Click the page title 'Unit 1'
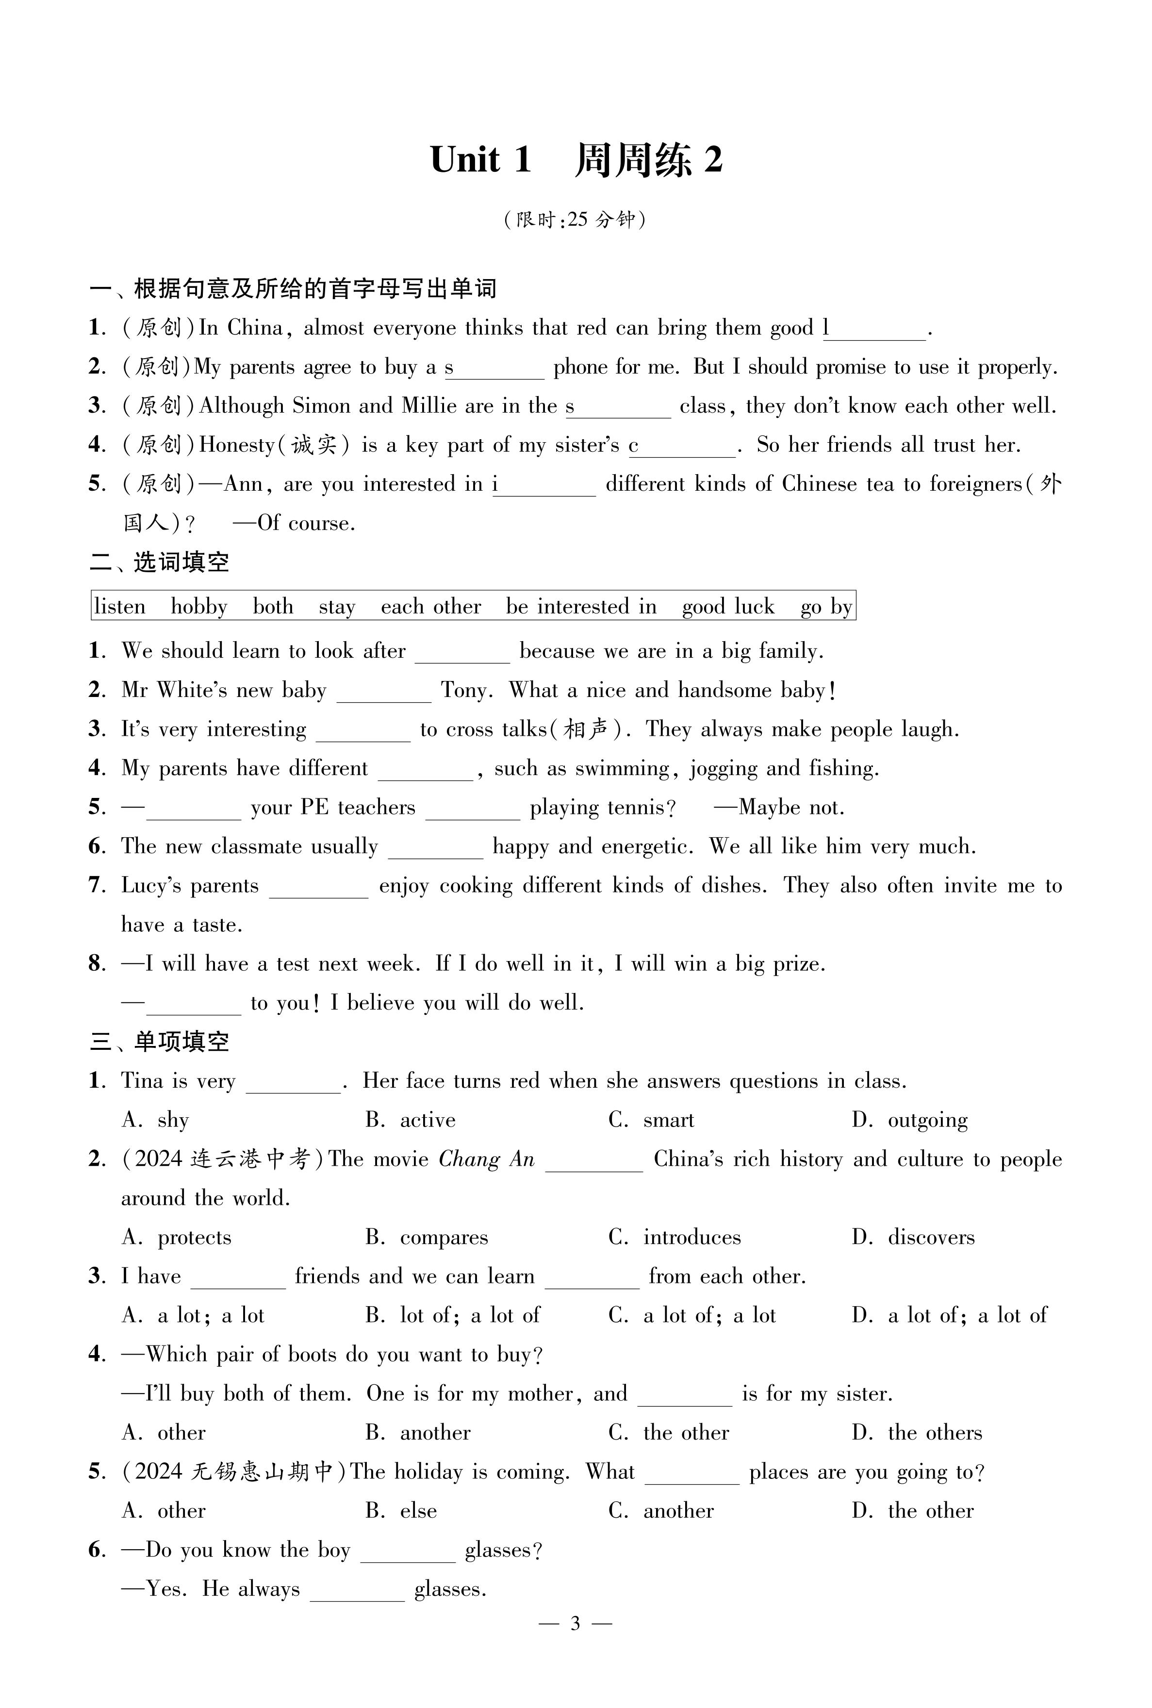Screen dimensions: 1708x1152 pos(480,159)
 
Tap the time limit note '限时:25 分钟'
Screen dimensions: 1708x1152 pos(575,220)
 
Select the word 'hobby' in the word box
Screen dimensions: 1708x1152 pos(198,607)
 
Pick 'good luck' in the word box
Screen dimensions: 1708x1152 pos(728,607)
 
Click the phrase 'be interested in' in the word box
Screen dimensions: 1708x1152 pos(581,607)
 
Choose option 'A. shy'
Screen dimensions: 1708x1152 pos(156,1120)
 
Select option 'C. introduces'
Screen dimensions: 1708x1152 pos(675,1238)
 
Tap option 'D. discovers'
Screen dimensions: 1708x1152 pos(913,1238)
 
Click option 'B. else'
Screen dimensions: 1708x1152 pos(401,1511)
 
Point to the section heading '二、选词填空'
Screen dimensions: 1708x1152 pos(160,563)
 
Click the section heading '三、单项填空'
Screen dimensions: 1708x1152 pos(160,1042)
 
